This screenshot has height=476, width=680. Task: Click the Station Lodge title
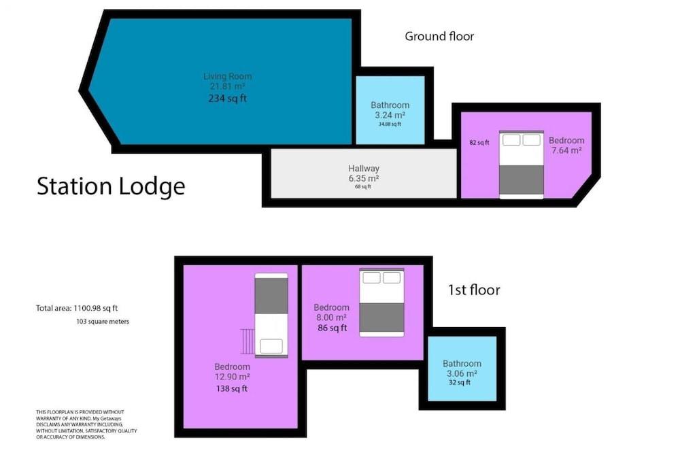coord(111,186)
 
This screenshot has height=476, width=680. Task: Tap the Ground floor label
coord(439,37)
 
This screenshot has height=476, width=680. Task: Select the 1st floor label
coord(473,290)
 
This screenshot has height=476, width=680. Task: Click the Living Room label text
coord(228,76)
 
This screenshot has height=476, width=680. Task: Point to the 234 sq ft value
coord(228,99)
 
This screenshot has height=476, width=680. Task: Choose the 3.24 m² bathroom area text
coord(390,115)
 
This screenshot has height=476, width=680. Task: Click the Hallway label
coord(364,169)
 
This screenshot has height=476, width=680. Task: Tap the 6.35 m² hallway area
coord(364,178)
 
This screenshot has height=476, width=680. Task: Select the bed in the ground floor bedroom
coord(522,165)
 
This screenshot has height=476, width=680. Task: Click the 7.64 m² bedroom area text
coord(566,150)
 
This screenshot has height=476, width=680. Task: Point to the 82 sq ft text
coord(479,143)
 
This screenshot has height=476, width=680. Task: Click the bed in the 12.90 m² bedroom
coord(271,316)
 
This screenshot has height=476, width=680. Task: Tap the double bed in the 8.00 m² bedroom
coord(381,302)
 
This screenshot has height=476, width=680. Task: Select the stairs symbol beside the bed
coord(247,341)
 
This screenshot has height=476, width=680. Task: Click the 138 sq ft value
coord(232,389)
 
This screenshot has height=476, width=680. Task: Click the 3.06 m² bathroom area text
coord(462,373)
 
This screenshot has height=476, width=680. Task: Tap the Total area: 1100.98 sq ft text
coord(82,309)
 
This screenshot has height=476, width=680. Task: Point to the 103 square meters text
coord(103,322)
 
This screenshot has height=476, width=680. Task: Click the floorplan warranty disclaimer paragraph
coord(87,424)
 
